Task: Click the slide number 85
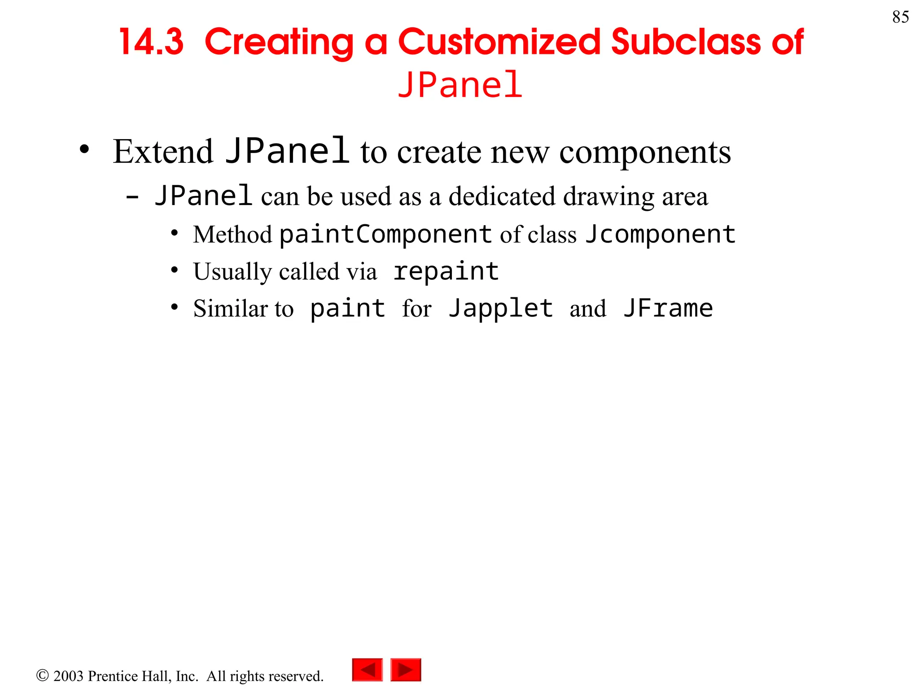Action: click(900, 17)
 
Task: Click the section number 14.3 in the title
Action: click(151, 42)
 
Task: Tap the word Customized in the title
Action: click(499, 42)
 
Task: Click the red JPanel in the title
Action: click(460, 85)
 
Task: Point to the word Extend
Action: click(163, 152)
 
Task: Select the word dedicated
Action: click(502, 196)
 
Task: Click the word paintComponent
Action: click(385, 234)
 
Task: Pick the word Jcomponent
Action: click(660, 234)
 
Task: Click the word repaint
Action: click(446, 271)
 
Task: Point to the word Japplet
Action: click(501, 309)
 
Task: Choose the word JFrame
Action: click(668, 309)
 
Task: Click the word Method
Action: click(232, 235)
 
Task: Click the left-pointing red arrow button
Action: click(368, 670)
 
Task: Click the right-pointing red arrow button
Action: click(406, 670)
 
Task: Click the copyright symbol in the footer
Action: click(42, 675)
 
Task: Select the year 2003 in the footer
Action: click(68, 676)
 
